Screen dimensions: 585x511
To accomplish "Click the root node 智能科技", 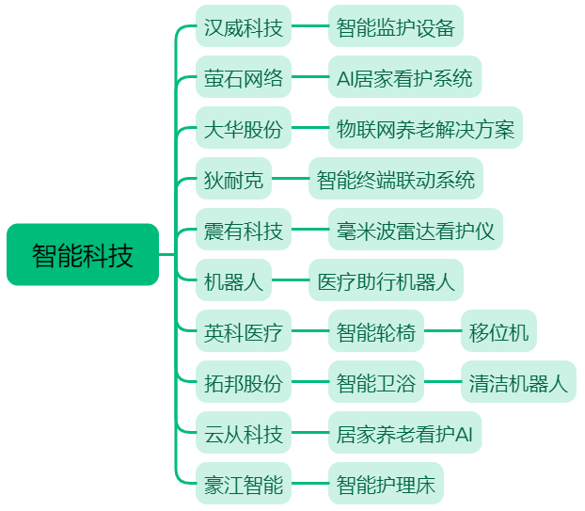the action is [x=83, y=255].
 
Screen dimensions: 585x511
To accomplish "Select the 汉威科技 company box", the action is [x=244, y=26].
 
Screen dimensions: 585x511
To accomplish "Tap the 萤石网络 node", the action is [x=244, y=77].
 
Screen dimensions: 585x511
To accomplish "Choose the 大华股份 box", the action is [x=244, y=128].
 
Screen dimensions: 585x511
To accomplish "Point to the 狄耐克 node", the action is [x=233, y=179].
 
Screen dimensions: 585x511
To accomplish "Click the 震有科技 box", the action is [x=244, y=230].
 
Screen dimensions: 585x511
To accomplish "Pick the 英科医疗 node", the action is [x=244, y=330].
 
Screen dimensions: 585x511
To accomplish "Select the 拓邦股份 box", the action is [x=244, y=381].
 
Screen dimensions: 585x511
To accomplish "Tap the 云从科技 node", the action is [x=244, y=432].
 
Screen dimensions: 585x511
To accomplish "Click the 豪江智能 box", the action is [x=244, y=483].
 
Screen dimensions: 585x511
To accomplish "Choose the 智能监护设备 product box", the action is [x=396, y=26].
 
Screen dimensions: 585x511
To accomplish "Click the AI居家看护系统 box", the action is [x=404, y=77].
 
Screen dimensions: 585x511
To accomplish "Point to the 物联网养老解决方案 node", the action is [x=425, y=128].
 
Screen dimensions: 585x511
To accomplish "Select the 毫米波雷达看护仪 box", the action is [x=416, y=230].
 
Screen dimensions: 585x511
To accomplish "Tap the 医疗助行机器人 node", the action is [x=386, y=279].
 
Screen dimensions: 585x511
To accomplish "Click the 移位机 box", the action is [x=498, y=330].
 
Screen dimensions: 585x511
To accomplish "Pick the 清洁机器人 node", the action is [x=518, y=381].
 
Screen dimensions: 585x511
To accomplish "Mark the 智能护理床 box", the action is [x=386, y=483].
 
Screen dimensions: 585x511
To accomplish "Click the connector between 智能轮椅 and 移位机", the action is [x=442, y=330].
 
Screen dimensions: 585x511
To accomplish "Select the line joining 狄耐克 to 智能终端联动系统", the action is [x=290, y=179].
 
